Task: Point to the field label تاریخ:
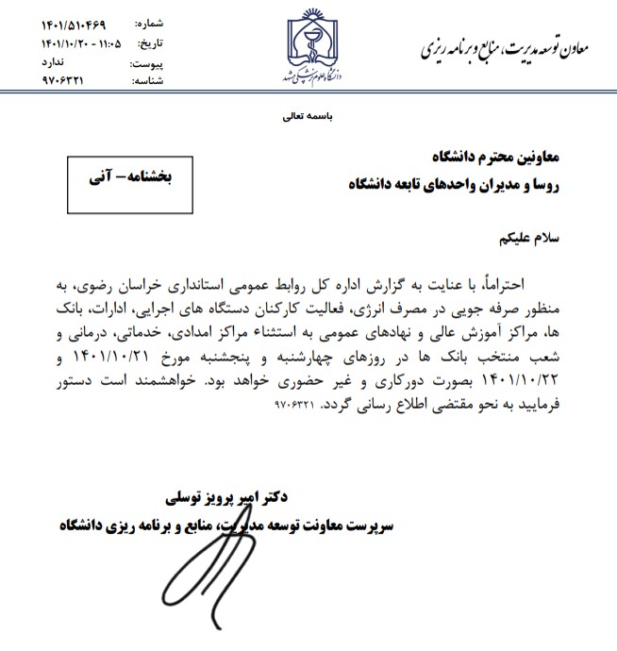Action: click(x=152, y=43)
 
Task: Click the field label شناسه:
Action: click(x=148, y=81)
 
